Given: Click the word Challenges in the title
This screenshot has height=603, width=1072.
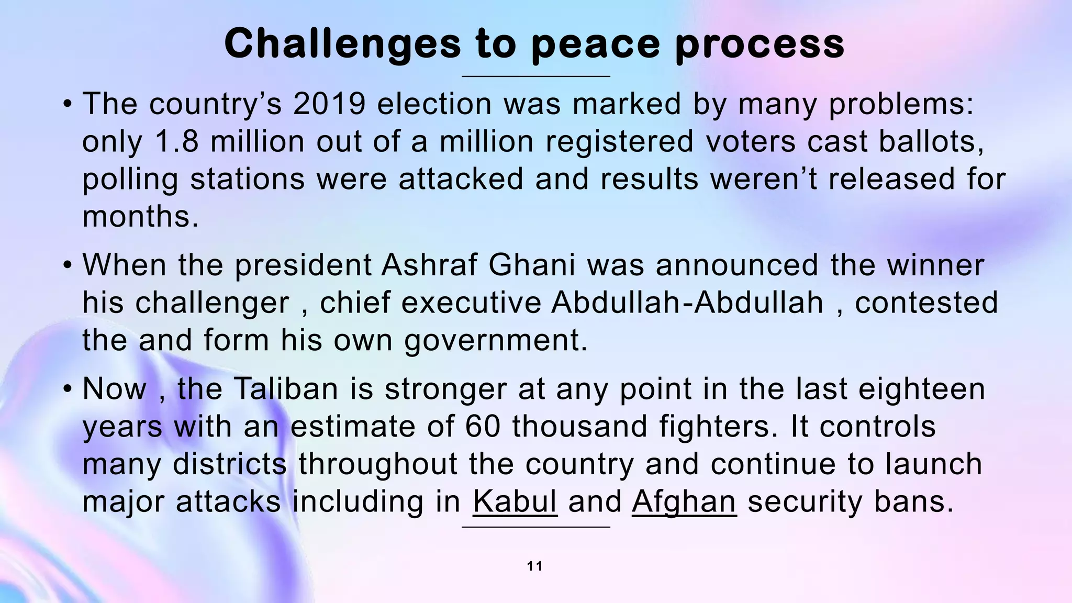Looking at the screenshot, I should (x=342, y=44).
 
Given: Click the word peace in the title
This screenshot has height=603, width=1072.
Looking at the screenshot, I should (x=595, y=44).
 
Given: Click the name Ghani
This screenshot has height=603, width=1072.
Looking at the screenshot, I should (x=532, y=265).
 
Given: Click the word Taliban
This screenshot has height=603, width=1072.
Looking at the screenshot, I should (x=285, y=389).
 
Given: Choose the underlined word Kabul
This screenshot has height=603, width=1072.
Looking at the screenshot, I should (x=515, y=501).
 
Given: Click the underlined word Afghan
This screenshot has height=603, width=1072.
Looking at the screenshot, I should (x=684, y=501).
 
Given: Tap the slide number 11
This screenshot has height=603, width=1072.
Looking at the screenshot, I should (x=535, y=566).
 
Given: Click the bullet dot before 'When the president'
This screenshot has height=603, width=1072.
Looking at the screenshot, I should (x=68, y=266).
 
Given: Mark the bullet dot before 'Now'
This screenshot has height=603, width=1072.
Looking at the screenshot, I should (x=68, y=390).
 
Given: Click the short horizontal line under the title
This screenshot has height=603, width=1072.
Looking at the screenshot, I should (x=535, y=76).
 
